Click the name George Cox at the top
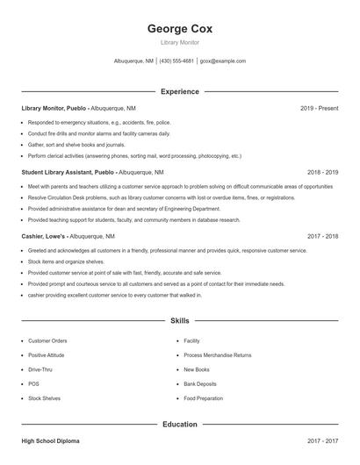[x=180, y=29]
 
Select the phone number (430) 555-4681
[x=176, y=61]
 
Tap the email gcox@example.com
[x=223, y=61]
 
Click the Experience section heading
[x=180, y=91]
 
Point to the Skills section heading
[x=180, y=321]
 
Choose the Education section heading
[x=180, y=424]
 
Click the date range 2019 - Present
[x=319, y=108]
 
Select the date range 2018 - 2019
[x=322, y=172]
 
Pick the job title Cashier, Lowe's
[x=47, y=236]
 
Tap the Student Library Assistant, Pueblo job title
[x=68, y=172]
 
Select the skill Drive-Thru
[x=41, y=369]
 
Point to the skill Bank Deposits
[x=201, y=383]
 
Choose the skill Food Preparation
[x=204, y=398]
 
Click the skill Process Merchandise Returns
[x=217, y=355]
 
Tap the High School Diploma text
[x=51, y=441]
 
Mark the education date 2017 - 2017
[x=322, y=441]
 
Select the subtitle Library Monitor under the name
[x=180, y=42]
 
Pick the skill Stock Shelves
[x=44, y=398]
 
